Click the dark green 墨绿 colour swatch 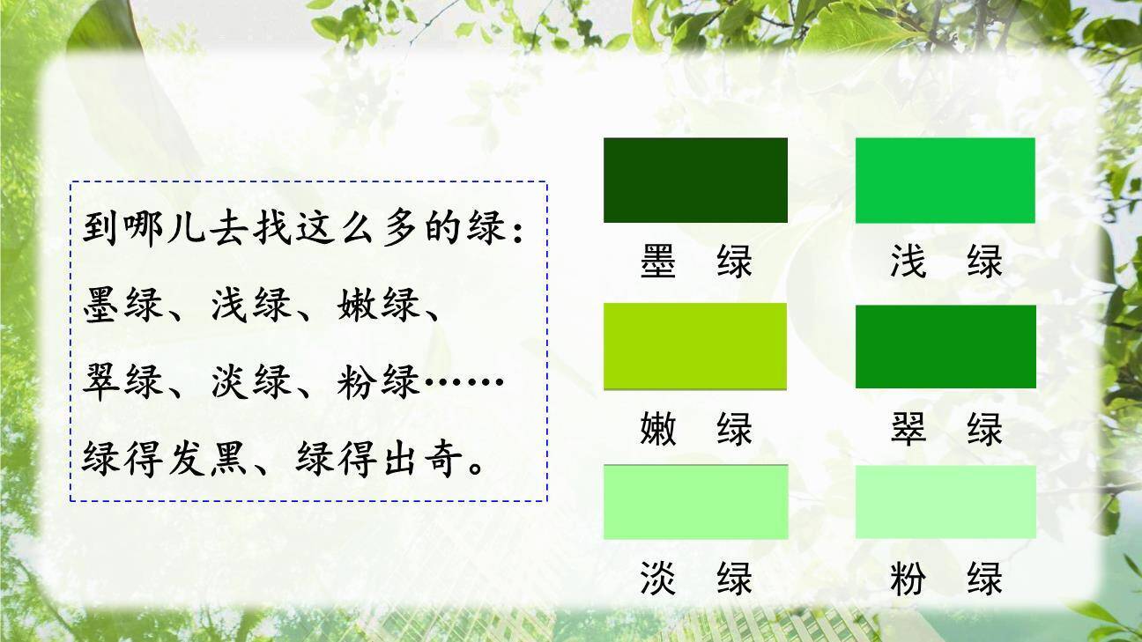pos(695,180)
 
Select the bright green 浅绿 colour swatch pos(945,180)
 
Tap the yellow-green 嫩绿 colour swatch pos(695,345)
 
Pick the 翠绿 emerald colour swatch pos(945,345)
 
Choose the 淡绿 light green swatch pos(695,501)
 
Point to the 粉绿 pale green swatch pos(945,501)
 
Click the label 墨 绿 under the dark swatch pos(695,262)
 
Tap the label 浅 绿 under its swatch pos(945,262)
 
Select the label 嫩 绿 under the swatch pos(695,430)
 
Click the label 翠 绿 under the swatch pos(945,430)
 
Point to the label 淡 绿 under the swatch pos(695,579)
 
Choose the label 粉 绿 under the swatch pos(945,579)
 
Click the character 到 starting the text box pos(100,228)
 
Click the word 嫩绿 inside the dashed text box pos(376,305)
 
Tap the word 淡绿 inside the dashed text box pos(250,382)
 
